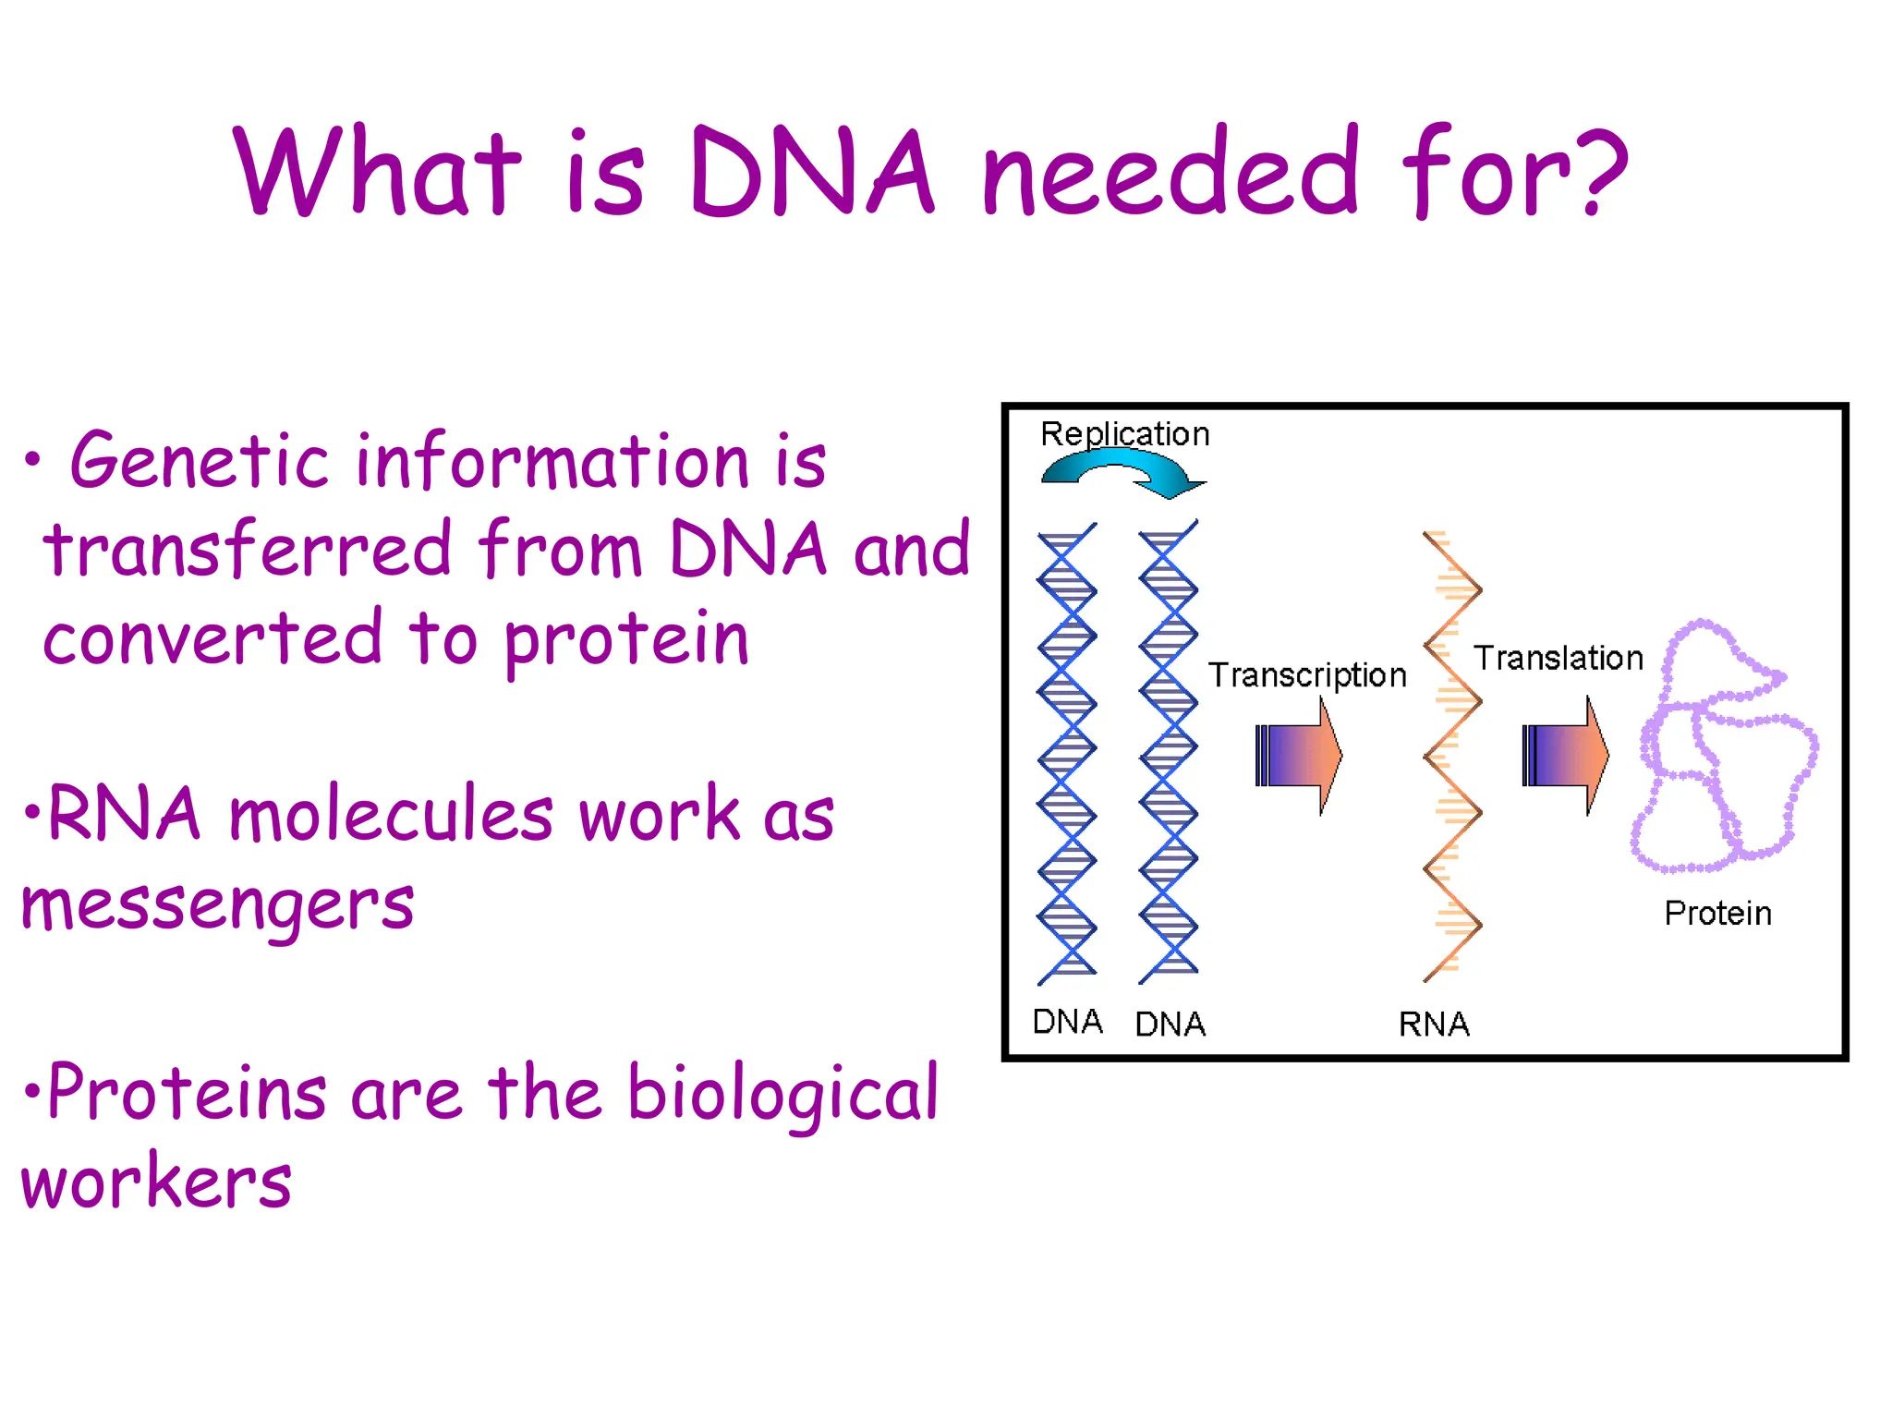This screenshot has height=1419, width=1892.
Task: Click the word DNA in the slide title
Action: (811, 174)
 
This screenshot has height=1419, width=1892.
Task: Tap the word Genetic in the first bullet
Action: (199, 462)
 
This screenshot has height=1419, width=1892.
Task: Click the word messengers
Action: (217, 905)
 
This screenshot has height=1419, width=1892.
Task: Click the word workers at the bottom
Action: (155, 1182)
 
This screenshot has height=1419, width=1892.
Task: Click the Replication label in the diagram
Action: (1124, 434)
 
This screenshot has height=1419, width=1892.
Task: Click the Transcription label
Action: (1306, 675)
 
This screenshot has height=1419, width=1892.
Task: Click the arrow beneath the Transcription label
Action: (1298, 756)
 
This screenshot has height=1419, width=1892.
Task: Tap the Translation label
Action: (1558, 659)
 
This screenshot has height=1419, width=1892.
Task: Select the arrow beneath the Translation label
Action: (1565, 756)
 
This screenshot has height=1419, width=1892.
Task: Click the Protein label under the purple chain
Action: (1717, 914)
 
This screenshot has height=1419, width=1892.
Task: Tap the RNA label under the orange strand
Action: (1433, 1025)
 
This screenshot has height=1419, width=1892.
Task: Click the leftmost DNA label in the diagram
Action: (1067, 1022)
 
